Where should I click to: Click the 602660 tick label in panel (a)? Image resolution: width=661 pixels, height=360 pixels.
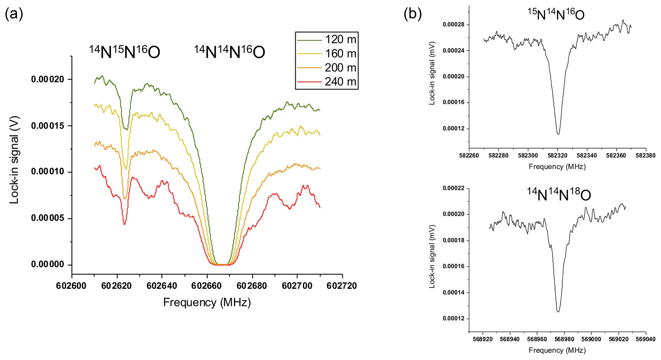(207, 285)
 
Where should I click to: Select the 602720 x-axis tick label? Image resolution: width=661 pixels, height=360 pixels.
(342, 285)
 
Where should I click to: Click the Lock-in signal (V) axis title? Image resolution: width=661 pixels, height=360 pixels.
(14, 160)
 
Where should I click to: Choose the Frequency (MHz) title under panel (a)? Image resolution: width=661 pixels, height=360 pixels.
(207, 302)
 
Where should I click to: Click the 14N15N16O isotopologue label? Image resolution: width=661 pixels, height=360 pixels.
(124, 52)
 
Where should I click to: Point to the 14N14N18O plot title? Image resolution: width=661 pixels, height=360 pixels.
(559, 195)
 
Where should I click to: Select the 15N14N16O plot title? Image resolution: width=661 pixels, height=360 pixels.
(556, 14)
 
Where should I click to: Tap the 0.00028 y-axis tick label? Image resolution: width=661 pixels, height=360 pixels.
(454, 25)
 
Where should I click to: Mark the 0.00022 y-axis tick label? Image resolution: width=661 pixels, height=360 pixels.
(454, 188)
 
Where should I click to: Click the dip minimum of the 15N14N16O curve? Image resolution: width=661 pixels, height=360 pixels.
(558, 134)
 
